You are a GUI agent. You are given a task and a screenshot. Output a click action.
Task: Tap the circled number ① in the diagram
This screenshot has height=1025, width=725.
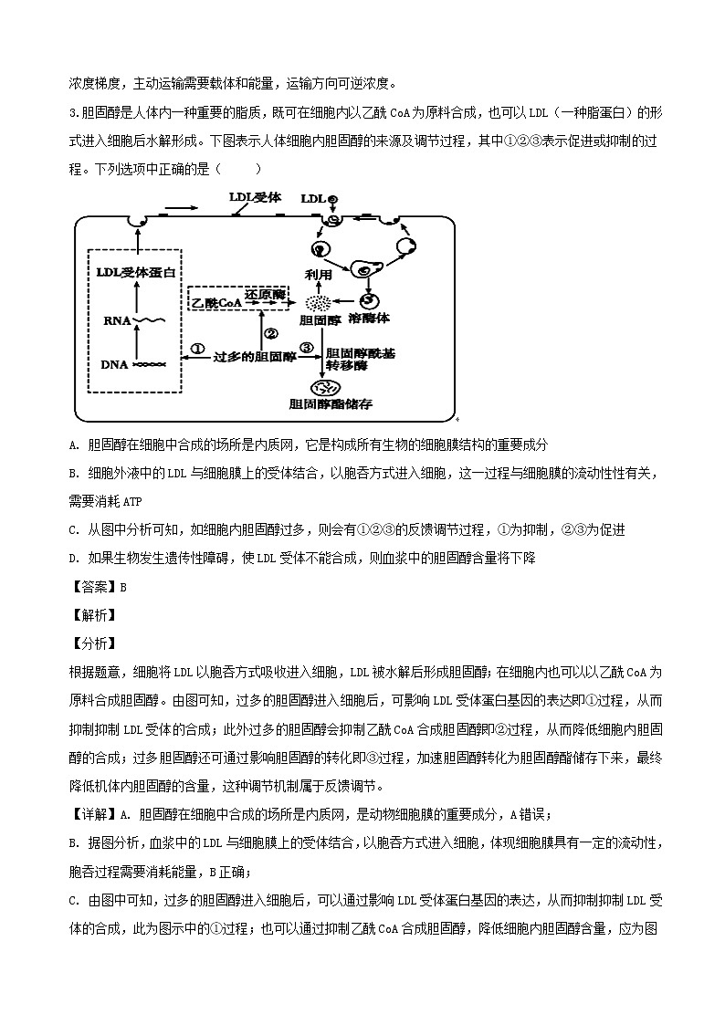click(197, 348)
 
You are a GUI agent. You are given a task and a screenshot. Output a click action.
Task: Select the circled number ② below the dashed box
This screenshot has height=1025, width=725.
click(270, 333)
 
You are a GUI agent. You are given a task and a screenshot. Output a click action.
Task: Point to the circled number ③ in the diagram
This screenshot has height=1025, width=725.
click(307, 348)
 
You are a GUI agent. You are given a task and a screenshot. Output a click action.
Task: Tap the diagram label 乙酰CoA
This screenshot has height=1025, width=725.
click(215, 300)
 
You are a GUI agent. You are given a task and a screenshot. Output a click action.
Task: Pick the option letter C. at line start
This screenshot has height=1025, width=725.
click(74, 529)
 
